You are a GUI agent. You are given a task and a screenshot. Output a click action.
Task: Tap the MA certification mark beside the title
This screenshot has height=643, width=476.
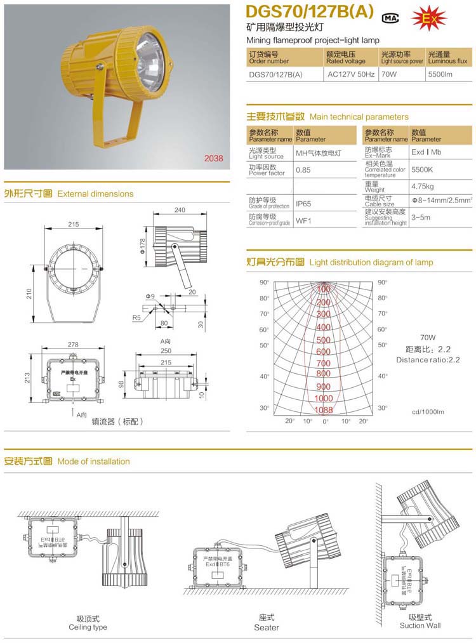[390, 18]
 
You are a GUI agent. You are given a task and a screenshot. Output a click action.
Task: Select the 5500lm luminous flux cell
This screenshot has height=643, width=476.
[439, 74]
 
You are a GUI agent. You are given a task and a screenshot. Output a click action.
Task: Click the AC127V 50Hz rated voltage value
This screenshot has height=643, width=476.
[350, 74]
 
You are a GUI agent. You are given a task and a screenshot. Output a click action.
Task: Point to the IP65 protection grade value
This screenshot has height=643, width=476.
[304, 204]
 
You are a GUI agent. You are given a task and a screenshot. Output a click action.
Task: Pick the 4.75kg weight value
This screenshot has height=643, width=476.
[422, 187]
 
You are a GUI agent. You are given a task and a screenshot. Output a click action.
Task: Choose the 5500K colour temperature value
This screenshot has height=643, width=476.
[422, 170]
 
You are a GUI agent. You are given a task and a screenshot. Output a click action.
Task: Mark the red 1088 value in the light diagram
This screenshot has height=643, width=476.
[324, 409]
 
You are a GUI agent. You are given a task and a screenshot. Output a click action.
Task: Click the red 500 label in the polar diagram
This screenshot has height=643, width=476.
[324, 340]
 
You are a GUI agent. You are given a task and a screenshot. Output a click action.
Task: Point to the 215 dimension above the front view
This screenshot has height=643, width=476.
[73, 224]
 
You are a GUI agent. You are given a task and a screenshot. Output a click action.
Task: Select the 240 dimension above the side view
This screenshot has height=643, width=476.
[180, 210]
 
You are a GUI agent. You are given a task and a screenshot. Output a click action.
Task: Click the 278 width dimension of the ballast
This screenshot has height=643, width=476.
[73, 345]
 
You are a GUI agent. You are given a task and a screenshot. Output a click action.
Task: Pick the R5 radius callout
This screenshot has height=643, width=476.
[136, 317]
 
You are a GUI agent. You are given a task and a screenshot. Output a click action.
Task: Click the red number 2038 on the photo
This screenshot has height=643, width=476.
[213, 159]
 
